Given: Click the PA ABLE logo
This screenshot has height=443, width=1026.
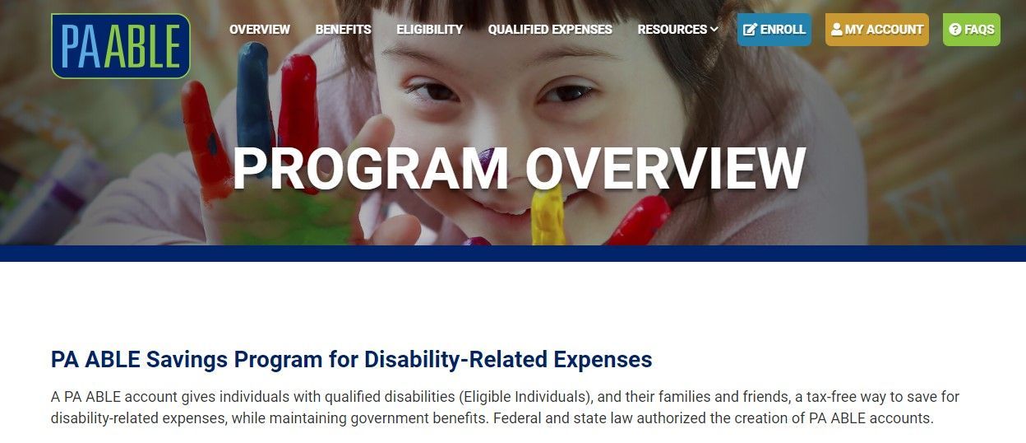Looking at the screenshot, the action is pos(121,46).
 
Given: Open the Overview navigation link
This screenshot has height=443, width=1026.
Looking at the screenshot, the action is pos(260,30).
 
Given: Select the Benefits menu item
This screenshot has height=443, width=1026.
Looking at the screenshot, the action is pos(343,30).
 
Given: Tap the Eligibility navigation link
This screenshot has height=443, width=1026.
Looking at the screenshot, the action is pos(430,30).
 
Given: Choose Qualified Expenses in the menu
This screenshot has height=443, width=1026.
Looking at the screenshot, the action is pos(550,30).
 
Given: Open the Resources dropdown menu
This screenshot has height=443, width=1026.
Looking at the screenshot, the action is pos(677,30).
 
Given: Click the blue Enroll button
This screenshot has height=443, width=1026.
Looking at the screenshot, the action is pos(774,30).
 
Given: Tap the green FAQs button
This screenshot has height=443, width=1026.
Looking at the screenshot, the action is pos(972,30).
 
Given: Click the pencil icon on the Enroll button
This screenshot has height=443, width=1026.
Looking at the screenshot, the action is pos(750,30).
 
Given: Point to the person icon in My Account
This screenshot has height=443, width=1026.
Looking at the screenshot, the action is pos(836,30).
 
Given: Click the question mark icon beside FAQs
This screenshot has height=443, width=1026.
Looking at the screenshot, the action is pos(955,30).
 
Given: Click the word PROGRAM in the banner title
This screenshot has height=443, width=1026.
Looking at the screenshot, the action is pos(370,168).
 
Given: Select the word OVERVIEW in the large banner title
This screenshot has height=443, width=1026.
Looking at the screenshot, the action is pos(666,168).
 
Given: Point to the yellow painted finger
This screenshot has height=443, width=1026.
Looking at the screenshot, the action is pos(548,215).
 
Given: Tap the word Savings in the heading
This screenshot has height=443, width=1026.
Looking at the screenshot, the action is pos(187,360).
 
